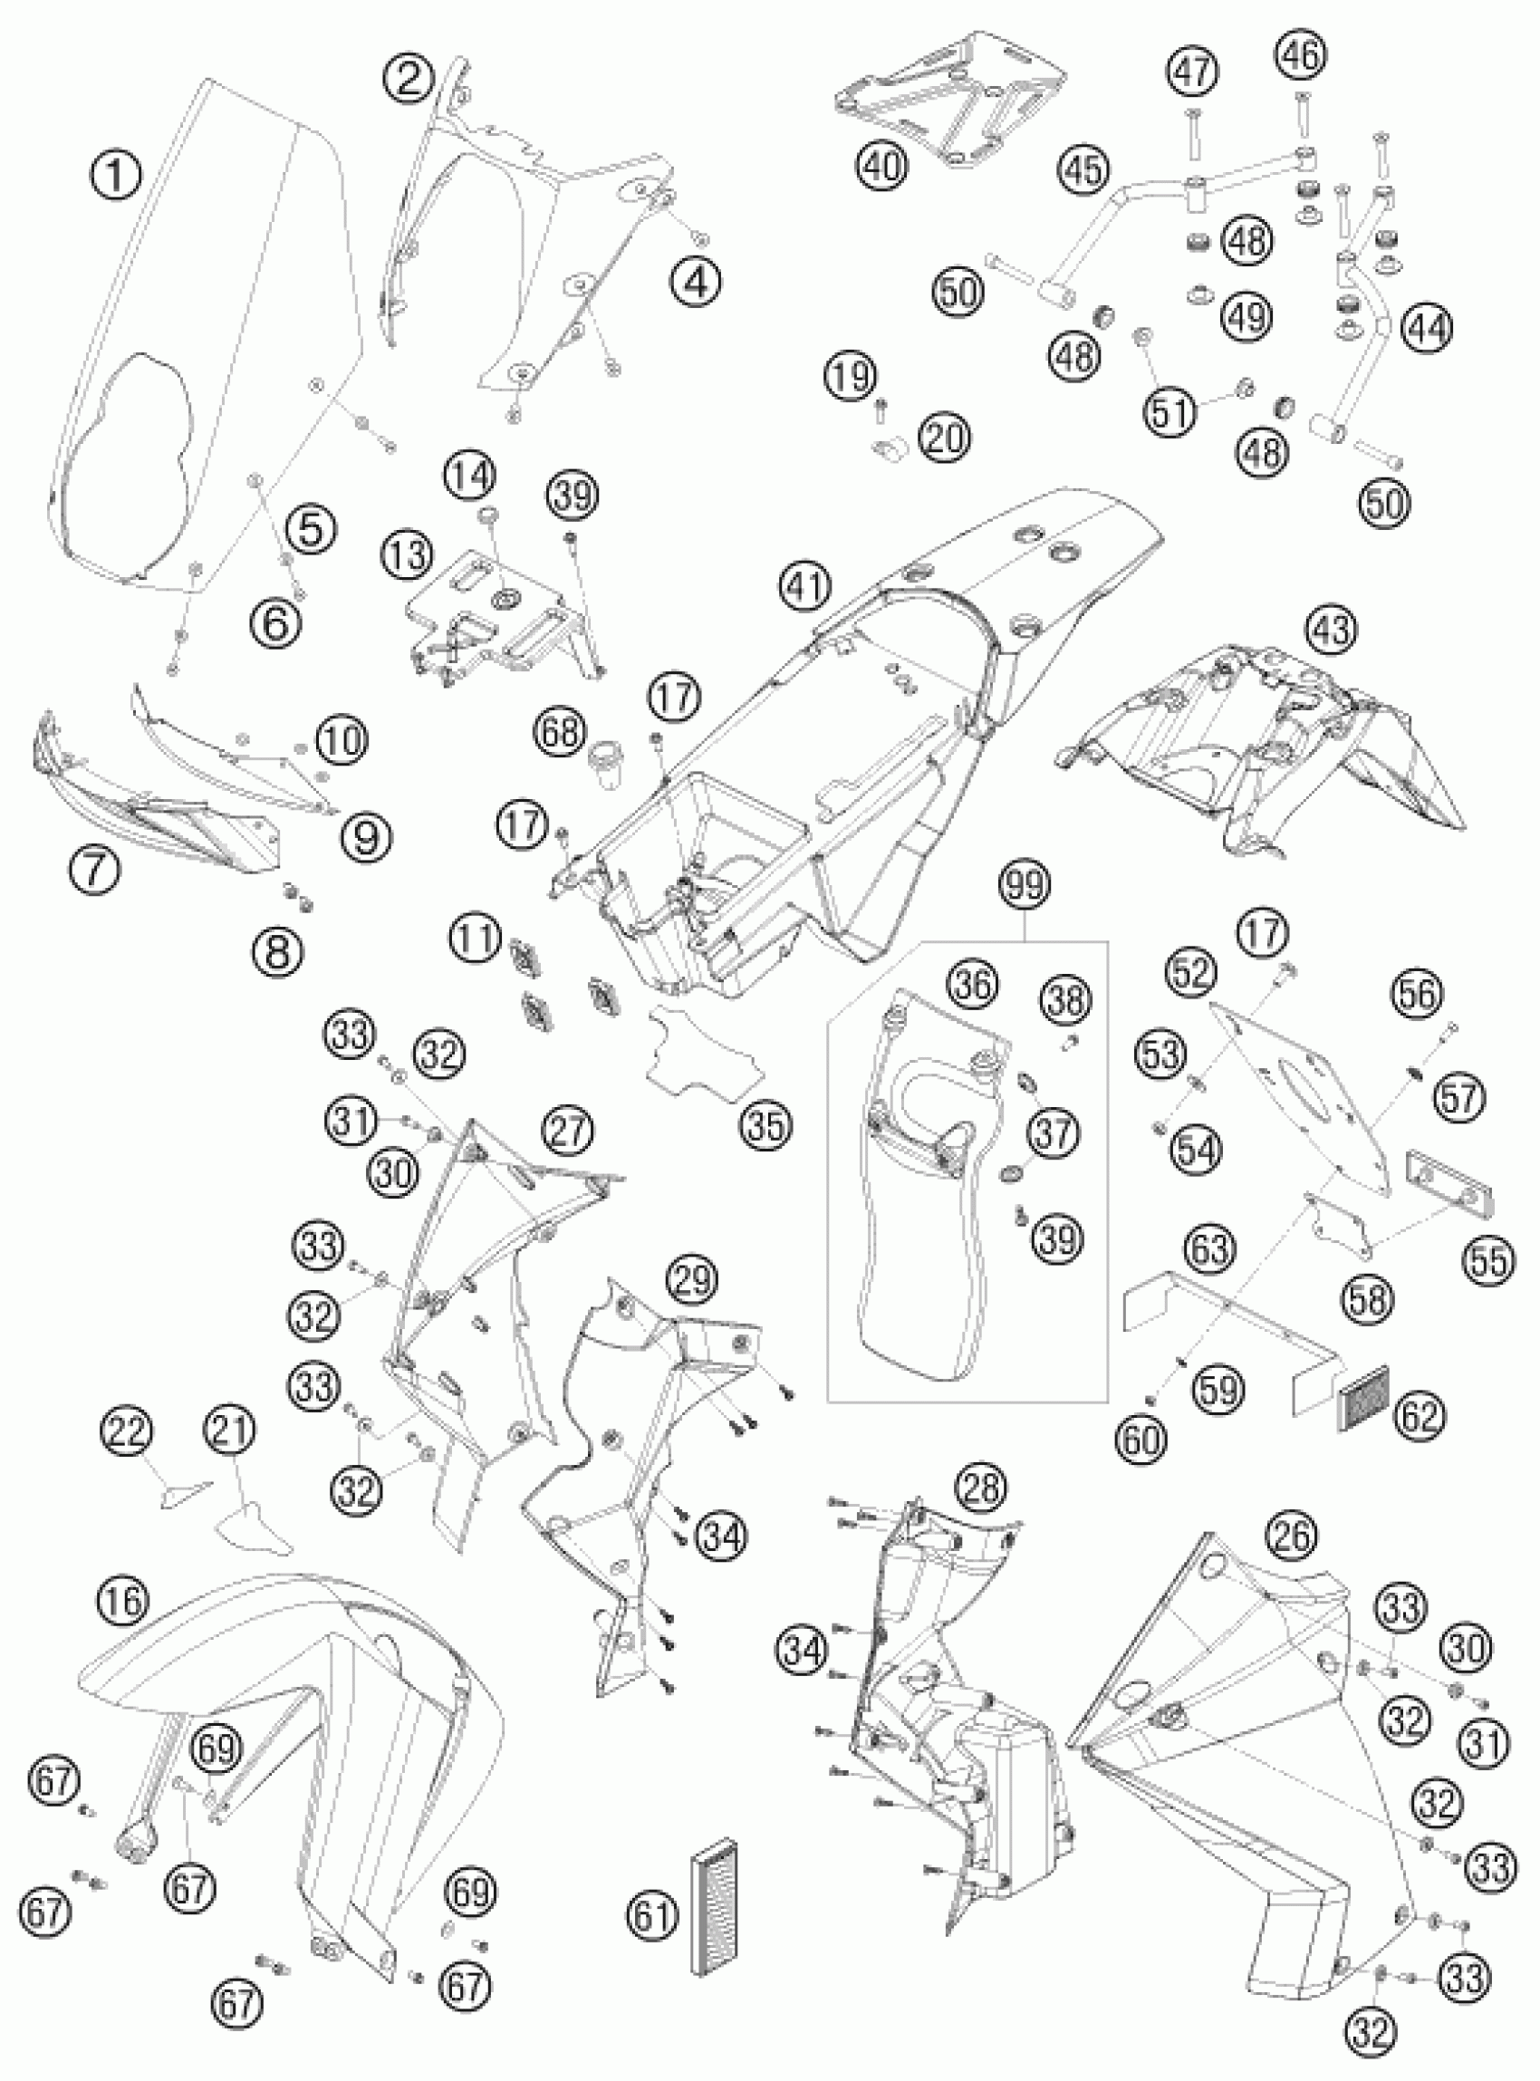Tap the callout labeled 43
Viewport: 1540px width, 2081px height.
(1330, 632)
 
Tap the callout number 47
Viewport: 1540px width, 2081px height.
(1193, 72)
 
